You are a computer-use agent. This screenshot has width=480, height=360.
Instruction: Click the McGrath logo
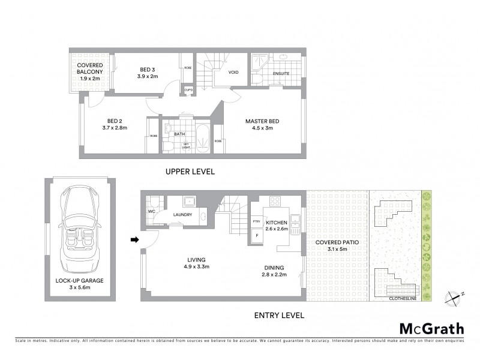point(432,328)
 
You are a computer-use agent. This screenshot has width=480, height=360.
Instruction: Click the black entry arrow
point(134,240)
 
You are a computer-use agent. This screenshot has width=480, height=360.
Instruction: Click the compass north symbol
point(455,296)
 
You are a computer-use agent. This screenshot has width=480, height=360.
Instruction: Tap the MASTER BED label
point(262,121)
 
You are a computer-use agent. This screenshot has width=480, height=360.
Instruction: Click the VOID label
point(234,73)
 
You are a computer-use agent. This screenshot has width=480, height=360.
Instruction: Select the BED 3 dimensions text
point(147,77)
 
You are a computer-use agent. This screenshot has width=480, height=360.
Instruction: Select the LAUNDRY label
point(182,214)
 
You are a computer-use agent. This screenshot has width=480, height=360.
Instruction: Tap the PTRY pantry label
point(256,221)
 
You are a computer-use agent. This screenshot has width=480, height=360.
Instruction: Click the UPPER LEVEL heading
point(190,172)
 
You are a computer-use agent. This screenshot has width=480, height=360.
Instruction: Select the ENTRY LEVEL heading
point(279,315)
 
